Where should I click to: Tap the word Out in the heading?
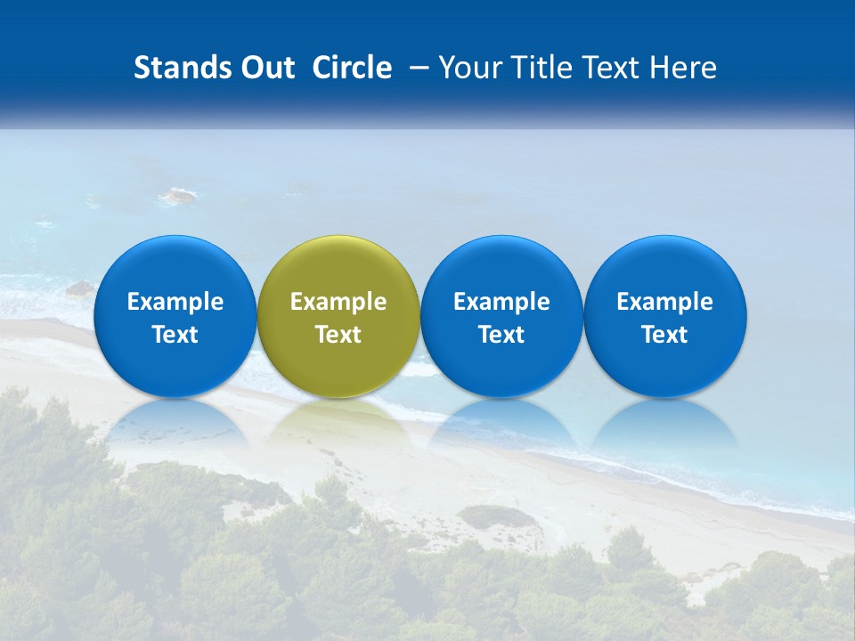click(x=265, y=68)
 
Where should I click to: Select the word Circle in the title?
click(x=352, y=68)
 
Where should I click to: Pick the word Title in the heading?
click(x=545, y=68)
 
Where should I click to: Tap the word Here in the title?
click(x=686, y=68)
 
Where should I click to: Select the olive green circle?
click(x=338, y=267)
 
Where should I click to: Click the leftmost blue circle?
click(x=175, y=267)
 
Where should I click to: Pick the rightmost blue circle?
click(x=665, y=267)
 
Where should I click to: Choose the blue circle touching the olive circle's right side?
click(x=501, y=267)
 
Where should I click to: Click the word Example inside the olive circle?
click(x=338, y=302)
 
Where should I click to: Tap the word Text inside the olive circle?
click(x=338, y=335)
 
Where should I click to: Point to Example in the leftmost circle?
click(x=175, y=302)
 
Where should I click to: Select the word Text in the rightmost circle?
click(x=665, y=335)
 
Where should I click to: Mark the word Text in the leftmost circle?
click(x=175, y=335)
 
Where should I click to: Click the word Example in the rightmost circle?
click(x=665, y=302)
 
